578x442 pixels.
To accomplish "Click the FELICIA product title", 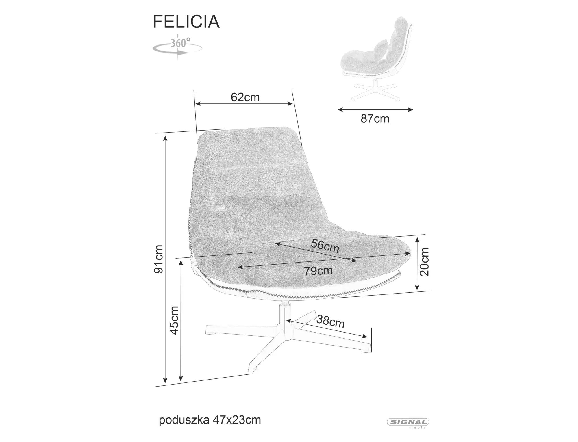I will [x=186, y=22].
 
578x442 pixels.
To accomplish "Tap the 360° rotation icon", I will [x=177, y=47].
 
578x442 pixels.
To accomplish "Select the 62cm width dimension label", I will [x=245, y=97].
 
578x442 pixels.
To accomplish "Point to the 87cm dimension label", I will [x=375, y=119].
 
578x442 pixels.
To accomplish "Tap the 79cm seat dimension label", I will [x=318, y=271].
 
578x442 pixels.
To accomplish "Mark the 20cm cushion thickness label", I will [x=425, y=262].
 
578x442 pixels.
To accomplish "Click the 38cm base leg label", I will [x=331, y=321].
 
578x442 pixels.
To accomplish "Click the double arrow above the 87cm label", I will [x=375, y=109].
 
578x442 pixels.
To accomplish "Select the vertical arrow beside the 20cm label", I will [x=417, y=264].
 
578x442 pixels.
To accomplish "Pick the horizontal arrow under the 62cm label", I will [x=244, y=104].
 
